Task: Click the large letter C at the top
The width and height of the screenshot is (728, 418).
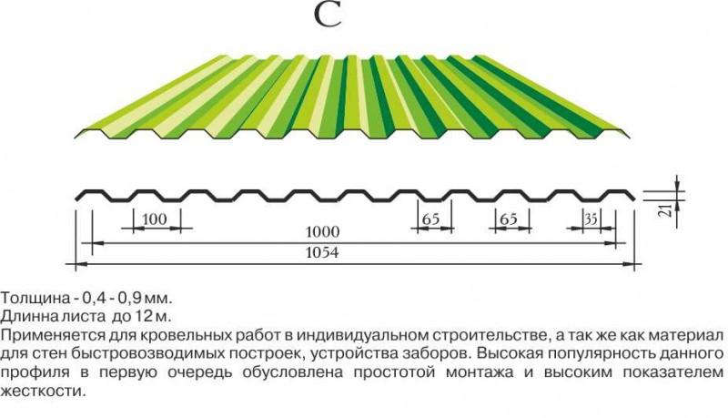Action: tap(328, 14)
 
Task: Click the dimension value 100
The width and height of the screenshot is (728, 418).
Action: tap(154, 219)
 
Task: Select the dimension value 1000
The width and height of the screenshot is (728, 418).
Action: tap(322, 231)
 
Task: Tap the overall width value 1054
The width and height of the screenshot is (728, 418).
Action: tap(322, 252)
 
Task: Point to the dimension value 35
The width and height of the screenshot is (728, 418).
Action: tap(591, 219)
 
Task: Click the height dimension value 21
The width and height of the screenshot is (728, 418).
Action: tap(666, 209)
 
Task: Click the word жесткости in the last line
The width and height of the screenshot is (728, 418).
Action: tap(44, 391)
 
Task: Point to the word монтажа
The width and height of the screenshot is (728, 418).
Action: tap(480, 372)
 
